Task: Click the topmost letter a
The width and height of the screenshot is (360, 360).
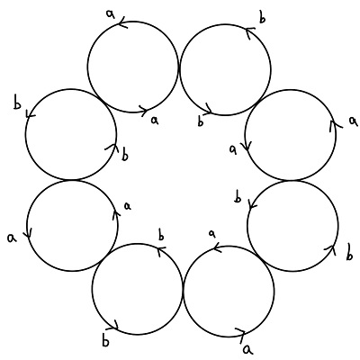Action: pos(111,14)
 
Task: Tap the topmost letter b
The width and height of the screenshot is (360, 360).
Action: pos(262,18)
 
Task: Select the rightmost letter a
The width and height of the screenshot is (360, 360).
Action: pos(353,121)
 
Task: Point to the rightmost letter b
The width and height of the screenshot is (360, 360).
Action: pos(349,252)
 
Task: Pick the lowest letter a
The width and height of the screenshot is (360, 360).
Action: pos(247,349)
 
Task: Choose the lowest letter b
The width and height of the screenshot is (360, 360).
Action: pos(105,342)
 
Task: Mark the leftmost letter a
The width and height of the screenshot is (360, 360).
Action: pos(12,238)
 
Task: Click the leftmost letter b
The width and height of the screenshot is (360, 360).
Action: pos(18,103)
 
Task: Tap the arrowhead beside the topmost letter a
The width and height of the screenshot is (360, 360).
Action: pos(122,23)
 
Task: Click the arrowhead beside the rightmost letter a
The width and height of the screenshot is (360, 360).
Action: pos(335,125)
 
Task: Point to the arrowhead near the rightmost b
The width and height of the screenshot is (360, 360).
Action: pos(331,250)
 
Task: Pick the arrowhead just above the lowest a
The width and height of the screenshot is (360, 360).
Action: pos(240,334)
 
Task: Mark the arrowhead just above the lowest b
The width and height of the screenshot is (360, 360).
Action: pos(114,326)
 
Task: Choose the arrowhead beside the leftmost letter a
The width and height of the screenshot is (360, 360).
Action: pos(29,233)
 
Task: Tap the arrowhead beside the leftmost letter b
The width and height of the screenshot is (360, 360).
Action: pos(30,113)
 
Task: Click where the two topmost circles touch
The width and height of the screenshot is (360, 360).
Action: pos(179,68)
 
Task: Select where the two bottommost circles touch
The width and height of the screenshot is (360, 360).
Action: pos(183,290)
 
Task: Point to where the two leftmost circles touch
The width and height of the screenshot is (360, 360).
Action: pos(72,180)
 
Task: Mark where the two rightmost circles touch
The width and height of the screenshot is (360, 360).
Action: pos(292,180)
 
